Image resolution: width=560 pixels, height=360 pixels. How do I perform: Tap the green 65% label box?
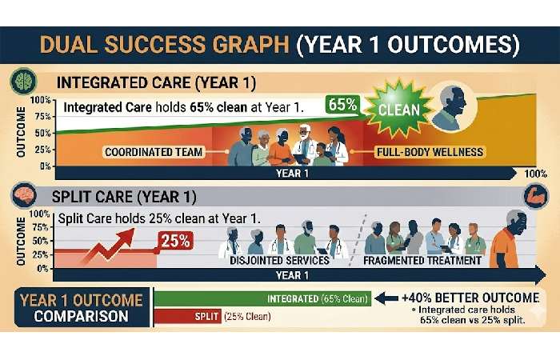(342, 105)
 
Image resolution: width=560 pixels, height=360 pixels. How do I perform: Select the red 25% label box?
(174, 238)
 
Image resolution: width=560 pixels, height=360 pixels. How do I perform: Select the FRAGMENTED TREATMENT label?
(422, 260)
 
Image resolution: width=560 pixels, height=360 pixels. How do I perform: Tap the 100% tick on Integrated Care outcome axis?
(39, 100)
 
